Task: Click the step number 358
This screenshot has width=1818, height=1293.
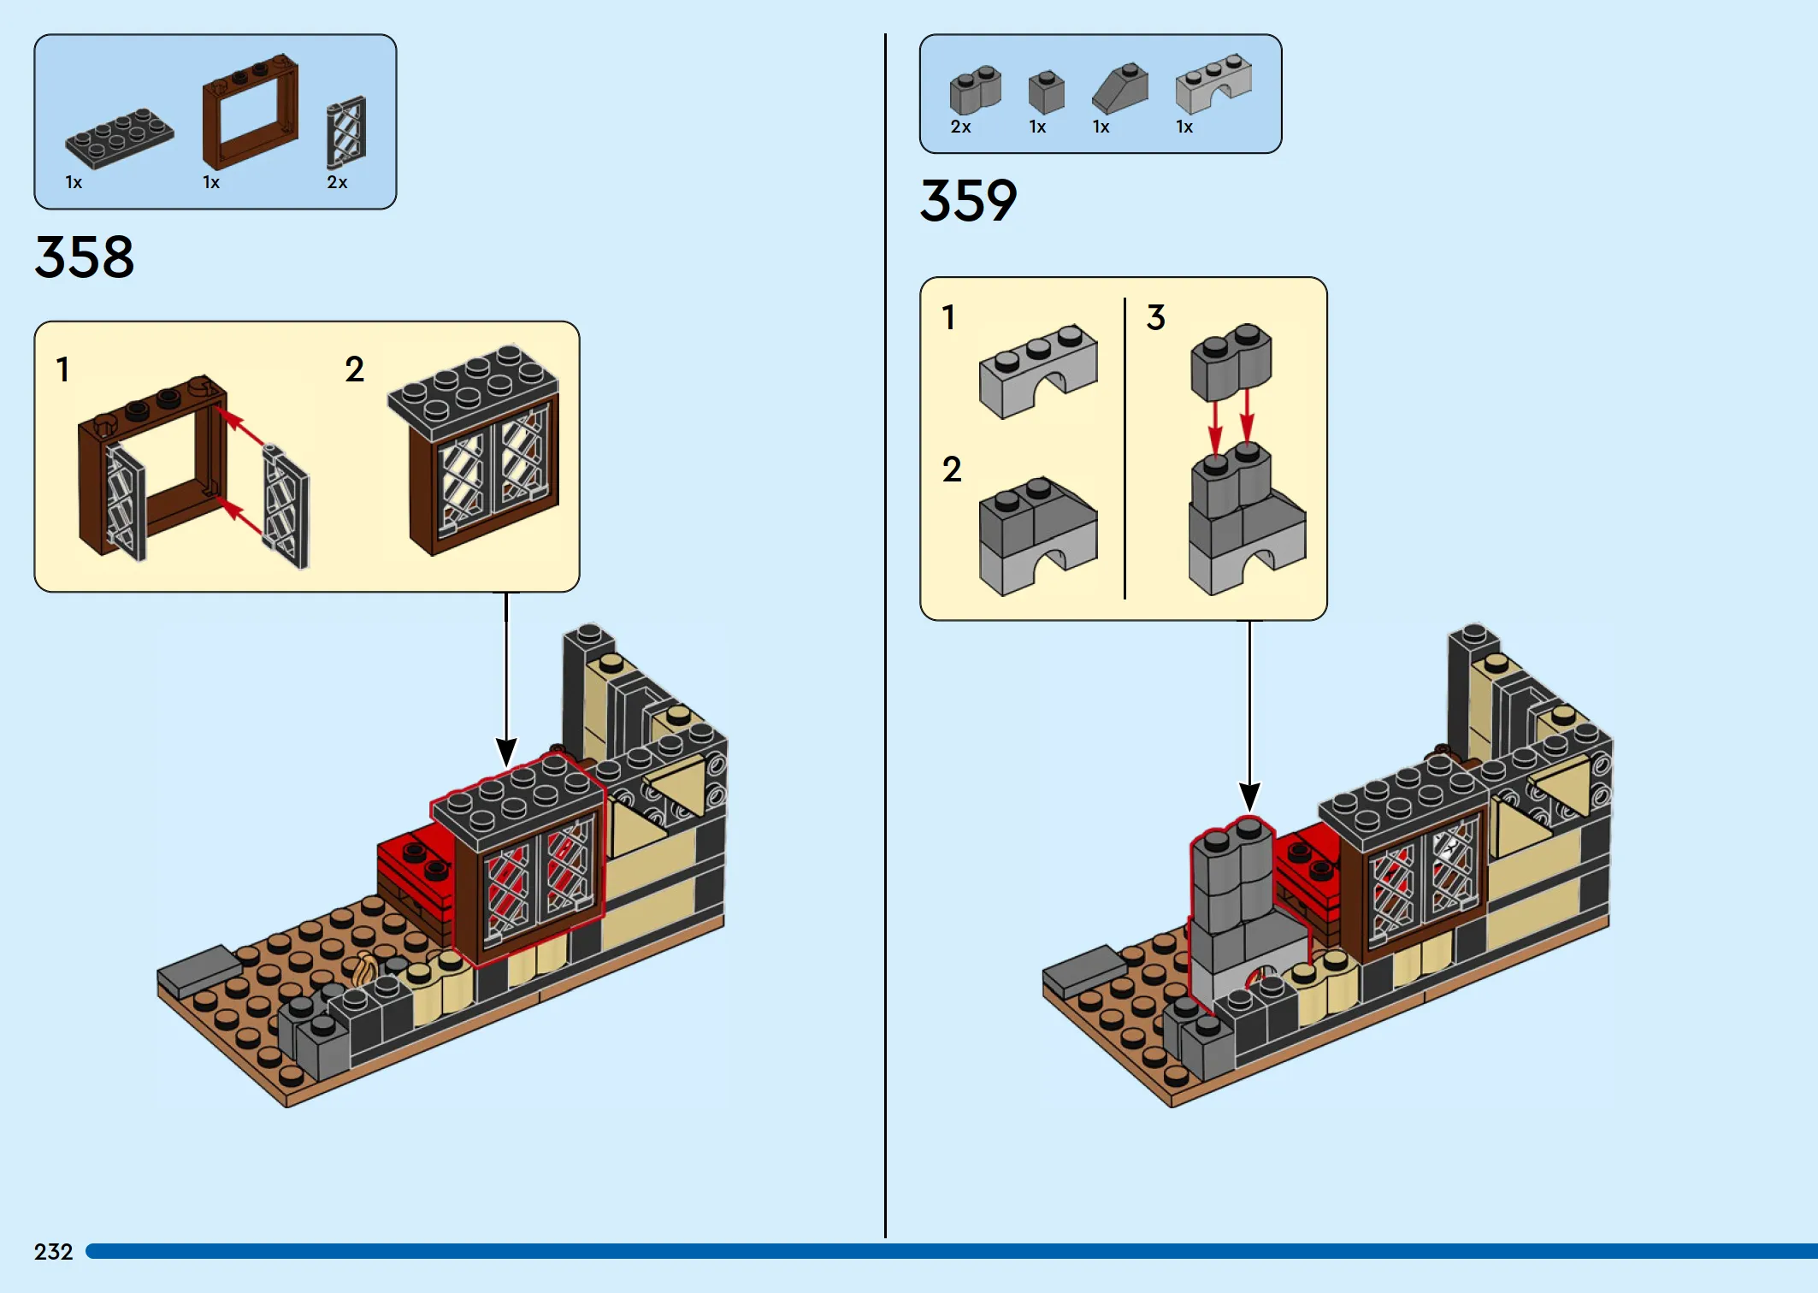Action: click(84, 257)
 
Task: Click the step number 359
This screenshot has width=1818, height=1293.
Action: click(968, 200)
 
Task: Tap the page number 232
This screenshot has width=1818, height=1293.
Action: click(53, 1252)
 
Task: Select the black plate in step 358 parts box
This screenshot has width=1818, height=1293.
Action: click(120, 138)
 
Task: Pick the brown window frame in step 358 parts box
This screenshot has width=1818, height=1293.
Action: click(250, 111)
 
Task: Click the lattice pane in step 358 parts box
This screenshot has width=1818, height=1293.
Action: click(346, 132)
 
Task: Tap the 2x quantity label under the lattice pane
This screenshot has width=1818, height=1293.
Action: click(337, 182)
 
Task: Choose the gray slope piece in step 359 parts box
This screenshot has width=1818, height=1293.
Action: click(1120, 88)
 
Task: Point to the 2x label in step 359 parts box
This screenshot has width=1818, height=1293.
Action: click(960, 127)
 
